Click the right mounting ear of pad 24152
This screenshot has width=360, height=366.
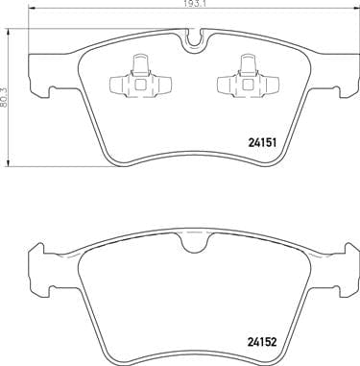[339, 266]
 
